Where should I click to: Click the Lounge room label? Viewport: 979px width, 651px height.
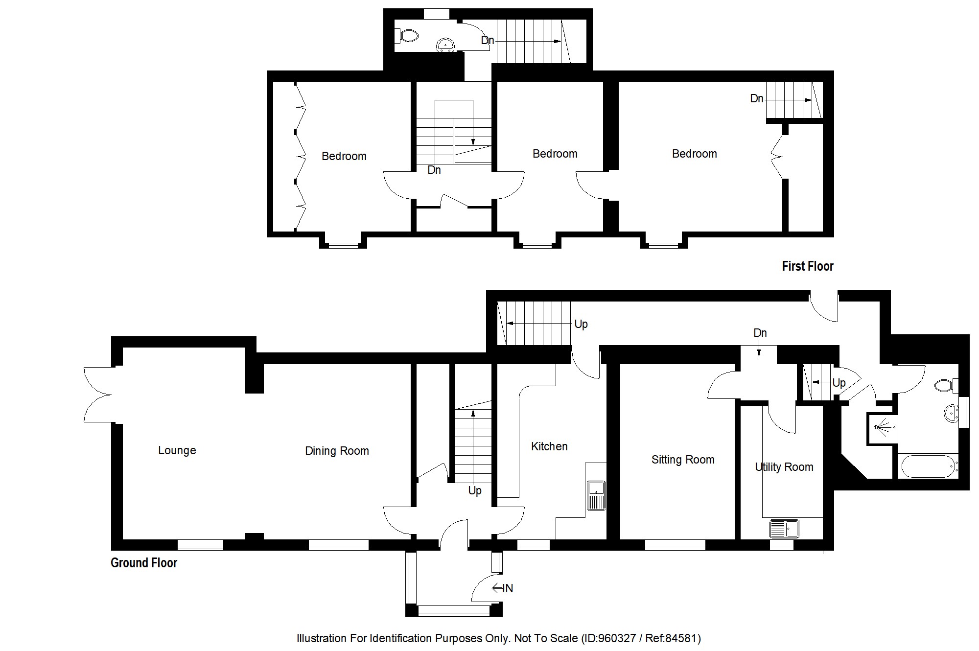[x=177, y=450]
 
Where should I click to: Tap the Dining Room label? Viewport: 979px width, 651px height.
[x=337, y=451]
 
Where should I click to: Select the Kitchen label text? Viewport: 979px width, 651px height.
[x=549, y=446]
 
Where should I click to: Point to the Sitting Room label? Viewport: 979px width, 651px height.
[x=683, y=460]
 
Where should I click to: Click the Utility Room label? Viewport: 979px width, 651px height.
[x=784, y=467]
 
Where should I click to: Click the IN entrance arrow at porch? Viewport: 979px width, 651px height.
[x=503, y=588]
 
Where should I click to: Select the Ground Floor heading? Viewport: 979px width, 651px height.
[x=143, y=563]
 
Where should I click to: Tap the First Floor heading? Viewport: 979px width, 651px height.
[x=807, y=266]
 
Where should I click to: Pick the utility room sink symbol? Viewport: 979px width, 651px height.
[x=784, y=529]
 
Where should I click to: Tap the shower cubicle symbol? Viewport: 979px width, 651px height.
[x=882, y=429]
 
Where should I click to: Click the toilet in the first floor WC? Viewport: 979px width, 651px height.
[x=408, y=36]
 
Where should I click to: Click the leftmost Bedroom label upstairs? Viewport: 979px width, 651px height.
[x=344, y=156]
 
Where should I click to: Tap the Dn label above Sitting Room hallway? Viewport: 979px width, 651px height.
[x=760, y=333]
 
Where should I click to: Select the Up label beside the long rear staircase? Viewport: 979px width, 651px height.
[x=581, y=324]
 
